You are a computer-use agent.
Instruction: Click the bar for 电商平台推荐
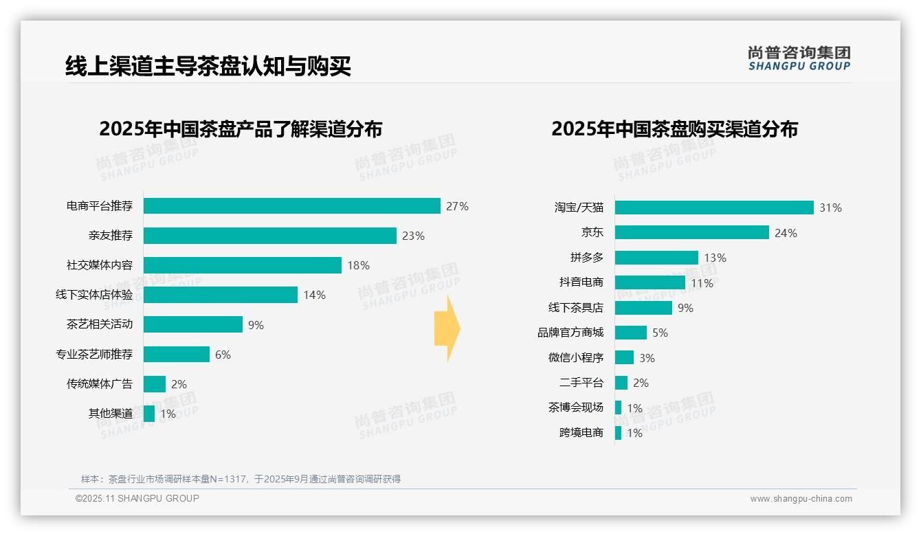(291, 206)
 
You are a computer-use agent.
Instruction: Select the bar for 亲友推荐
(269, 236)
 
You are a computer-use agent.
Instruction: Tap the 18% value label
(358, 265)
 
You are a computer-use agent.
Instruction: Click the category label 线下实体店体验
(94, 295)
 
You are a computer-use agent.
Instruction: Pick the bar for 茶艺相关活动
(192, 324)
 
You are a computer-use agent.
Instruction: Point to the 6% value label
(223, 355)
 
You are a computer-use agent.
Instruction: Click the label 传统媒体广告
(100, 383)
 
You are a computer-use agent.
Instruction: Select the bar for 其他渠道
(149, 414)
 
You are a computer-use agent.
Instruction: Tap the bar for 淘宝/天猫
(713, 208)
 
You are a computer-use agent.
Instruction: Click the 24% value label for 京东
(786, 233)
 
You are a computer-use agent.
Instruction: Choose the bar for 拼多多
(656, 258)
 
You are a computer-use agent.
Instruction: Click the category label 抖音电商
(581, 282)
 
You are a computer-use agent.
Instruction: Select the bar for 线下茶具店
(643, 308)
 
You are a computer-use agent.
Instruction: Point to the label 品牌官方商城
(570, 333)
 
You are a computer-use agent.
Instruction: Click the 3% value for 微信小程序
(647, 358)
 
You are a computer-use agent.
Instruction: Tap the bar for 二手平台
(621, 383)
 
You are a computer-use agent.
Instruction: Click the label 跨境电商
(581, 433)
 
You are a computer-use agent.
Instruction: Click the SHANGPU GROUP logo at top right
(799, 58)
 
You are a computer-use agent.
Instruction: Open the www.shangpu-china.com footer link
(801, 499)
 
